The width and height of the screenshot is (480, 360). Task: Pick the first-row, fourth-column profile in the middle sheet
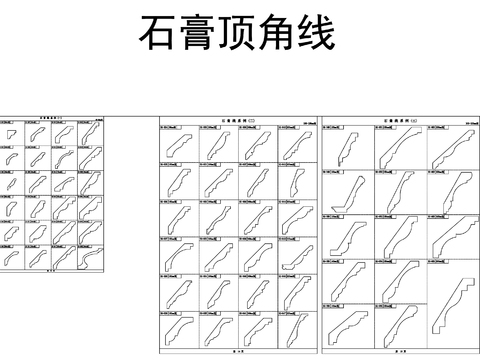pyautogui.click(x=296, y=146)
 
